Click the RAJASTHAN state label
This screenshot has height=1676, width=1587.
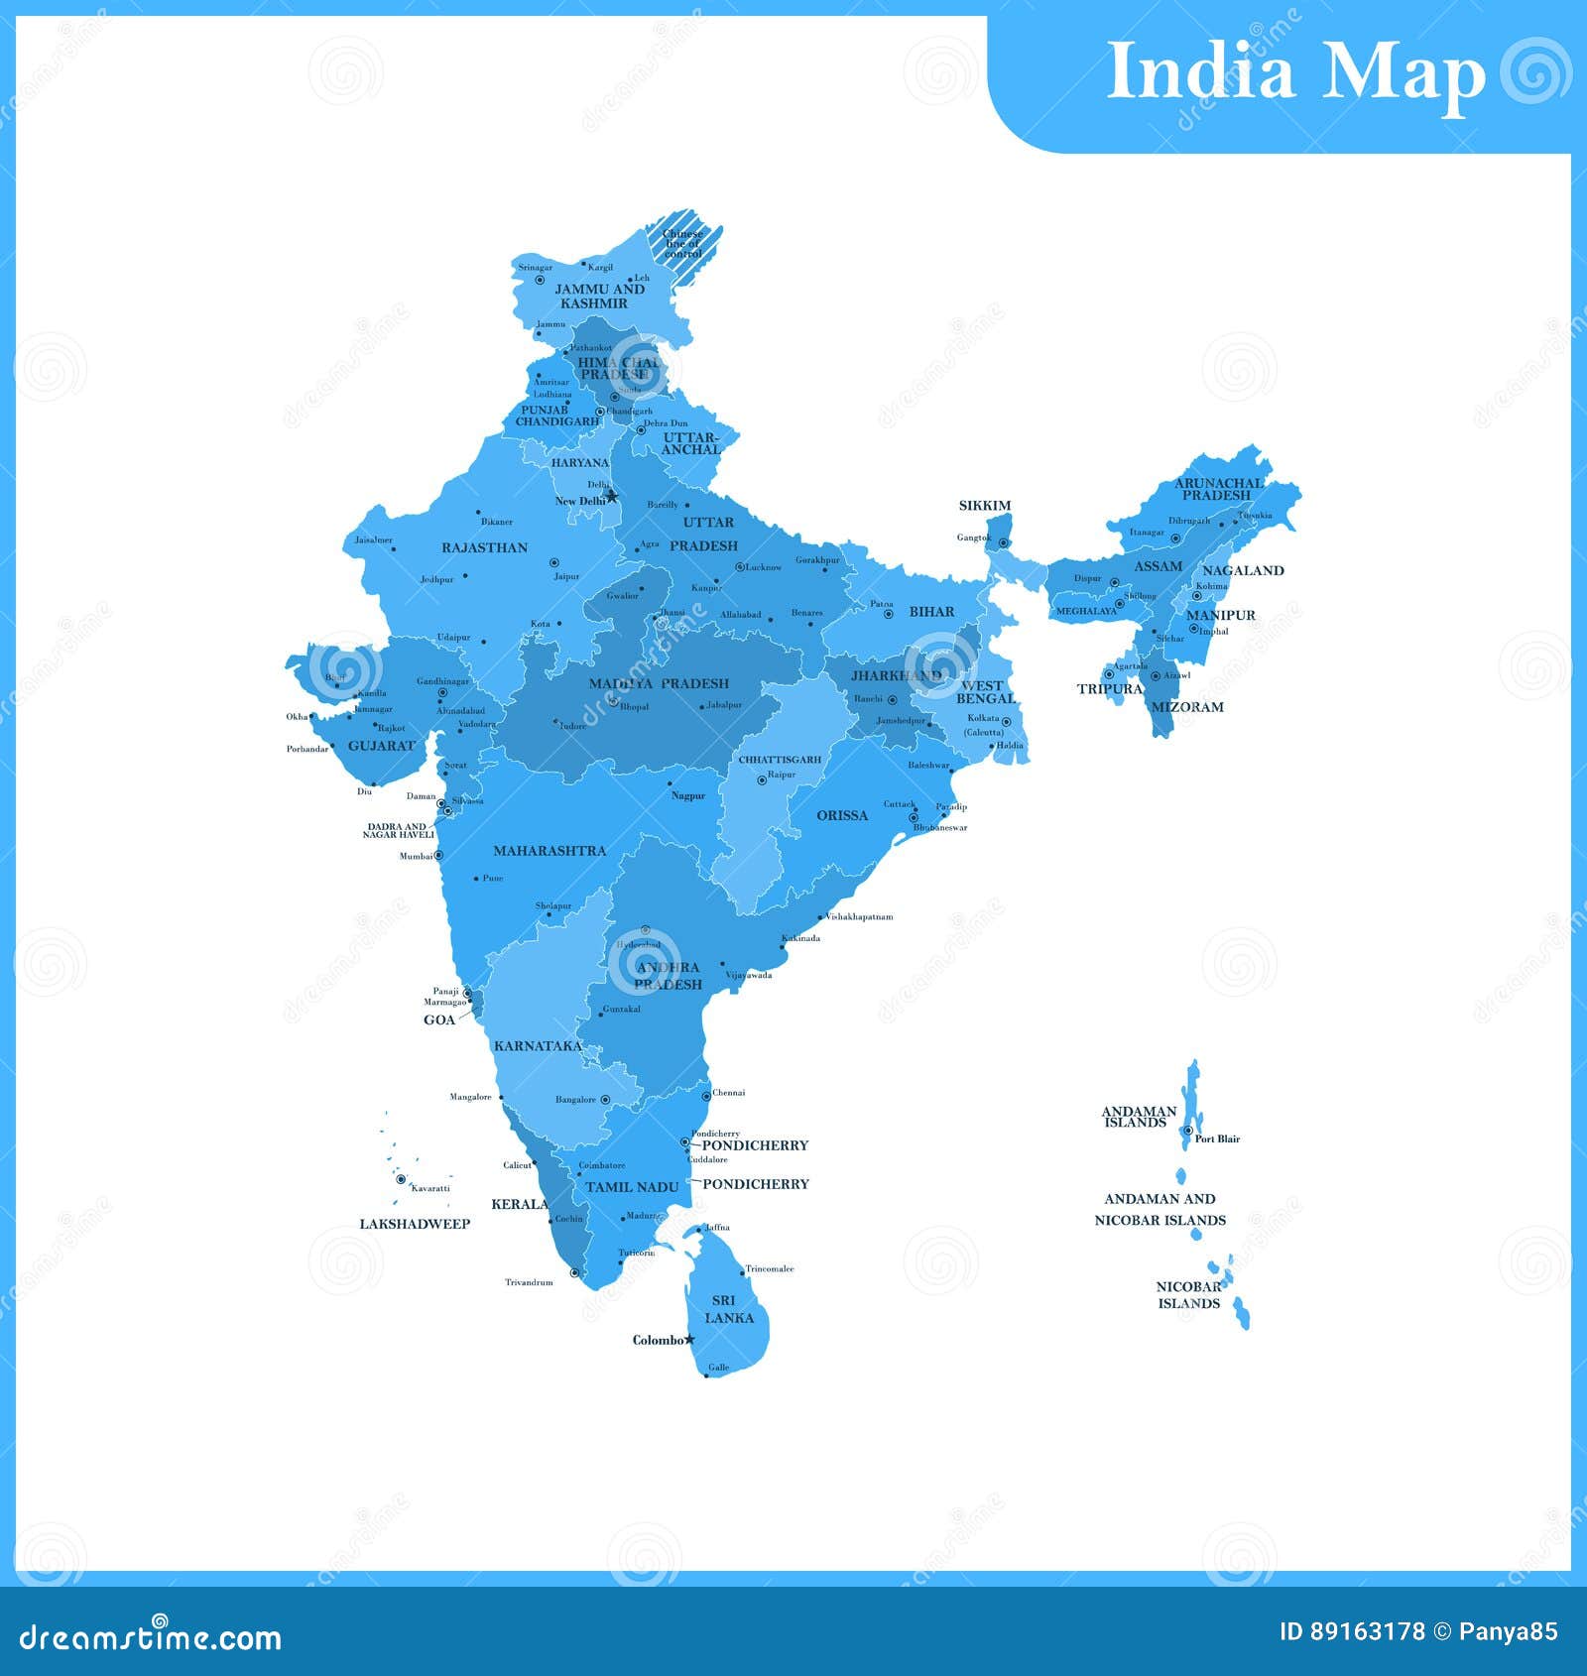484,547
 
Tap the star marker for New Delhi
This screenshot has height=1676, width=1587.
612,496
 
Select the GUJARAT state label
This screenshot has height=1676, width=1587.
381,746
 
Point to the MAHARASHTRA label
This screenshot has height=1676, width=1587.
549,851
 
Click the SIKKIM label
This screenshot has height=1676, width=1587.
984,506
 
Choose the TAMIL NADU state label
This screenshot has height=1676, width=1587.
632,1187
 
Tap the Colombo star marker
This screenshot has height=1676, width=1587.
690,1340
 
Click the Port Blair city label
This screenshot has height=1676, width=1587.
1217,1138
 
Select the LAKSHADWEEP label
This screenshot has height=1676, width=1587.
415,1224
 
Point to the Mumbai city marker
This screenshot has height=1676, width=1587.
438,855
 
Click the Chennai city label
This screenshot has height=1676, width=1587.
728,1093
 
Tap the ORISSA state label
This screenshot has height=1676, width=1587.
842,816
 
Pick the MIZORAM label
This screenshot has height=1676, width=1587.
1187,707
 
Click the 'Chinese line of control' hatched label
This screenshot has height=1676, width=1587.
682,244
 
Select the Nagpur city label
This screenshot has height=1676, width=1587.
688,795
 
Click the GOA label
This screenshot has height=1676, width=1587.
439,1019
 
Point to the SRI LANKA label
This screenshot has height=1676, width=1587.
728,1309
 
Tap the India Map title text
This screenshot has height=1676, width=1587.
1294,71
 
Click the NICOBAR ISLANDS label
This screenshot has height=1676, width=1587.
1188,1295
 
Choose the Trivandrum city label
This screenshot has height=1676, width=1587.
529,1282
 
